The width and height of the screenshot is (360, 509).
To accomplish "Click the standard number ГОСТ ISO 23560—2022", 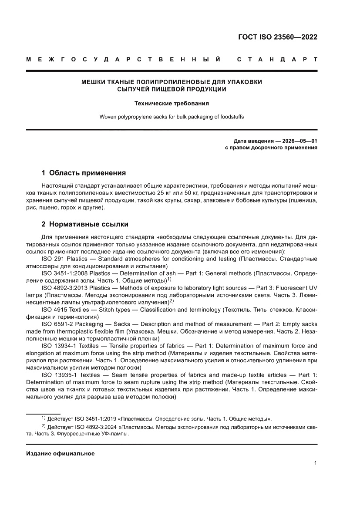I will coord(277,37).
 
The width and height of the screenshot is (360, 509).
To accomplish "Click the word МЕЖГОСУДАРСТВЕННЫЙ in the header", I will coord(123,59).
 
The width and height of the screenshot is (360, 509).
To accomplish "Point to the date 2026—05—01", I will coord(298,141).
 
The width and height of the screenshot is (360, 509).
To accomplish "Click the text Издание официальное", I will coord(60,454).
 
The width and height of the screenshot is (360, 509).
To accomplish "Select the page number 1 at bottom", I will coord(315,463).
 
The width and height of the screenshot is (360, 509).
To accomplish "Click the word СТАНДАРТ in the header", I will coord(277,59).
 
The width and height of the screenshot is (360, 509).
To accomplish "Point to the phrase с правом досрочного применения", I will coord(271,148).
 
